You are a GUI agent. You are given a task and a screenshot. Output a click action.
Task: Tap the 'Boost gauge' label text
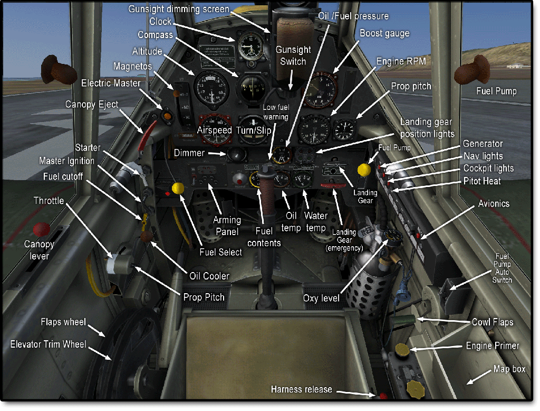pos(384,33)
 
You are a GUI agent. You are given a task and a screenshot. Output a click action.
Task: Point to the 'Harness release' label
pos(302,389)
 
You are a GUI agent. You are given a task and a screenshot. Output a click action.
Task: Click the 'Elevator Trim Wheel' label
pos(48,344)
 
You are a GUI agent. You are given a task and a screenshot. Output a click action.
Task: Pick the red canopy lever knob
pos(41,229)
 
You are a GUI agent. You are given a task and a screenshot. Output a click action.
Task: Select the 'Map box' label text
pos(509,369)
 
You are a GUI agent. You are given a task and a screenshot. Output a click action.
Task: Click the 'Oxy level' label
pos(321,298)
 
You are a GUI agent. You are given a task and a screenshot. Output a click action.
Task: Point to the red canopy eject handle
pos(147,132)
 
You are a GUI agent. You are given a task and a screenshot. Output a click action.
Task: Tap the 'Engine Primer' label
pos(493,345)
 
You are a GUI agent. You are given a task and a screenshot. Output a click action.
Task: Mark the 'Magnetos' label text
pos(132,66)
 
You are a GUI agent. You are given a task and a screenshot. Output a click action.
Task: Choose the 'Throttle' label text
pos(49,201)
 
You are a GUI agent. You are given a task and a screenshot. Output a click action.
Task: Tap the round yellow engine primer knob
pos(403,349)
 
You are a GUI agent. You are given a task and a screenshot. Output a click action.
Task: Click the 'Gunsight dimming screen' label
pos(179,9)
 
